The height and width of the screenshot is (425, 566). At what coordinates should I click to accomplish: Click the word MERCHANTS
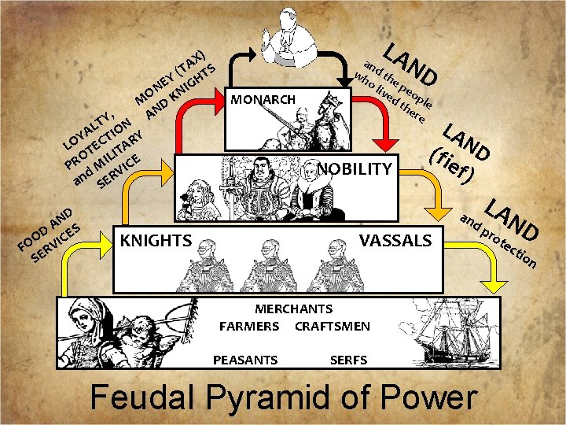(x=293, y=309)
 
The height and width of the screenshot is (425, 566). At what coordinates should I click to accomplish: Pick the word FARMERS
(x=249, y=326)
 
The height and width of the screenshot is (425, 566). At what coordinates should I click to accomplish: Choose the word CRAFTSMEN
(x=332, y=326)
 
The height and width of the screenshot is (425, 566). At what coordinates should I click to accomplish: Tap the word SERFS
(x=348, y=360)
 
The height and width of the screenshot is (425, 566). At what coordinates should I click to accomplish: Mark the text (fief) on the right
(x=451, y=162)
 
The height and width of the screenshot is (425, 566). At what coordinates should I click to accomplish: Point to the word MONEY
(x=154, y=89)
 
